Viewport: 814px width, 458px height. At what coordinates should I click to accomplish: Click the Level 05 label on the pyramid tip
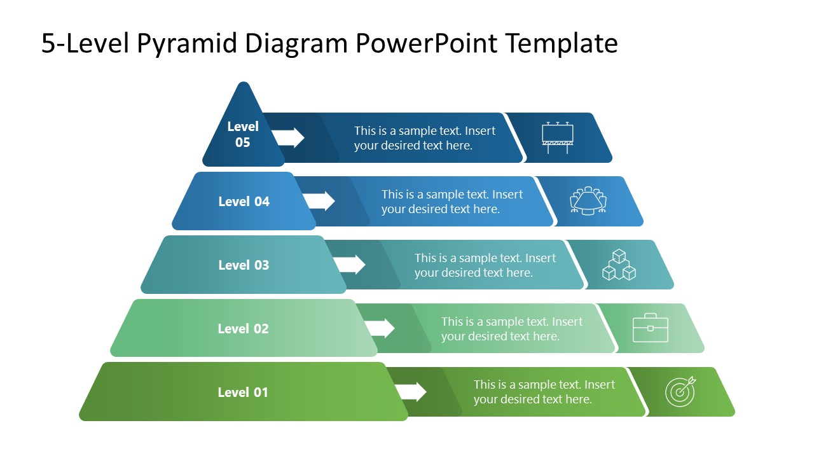(x=243, y=134)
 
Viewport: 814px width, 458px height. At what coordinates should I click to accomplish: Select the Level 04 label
(x=244, y=202)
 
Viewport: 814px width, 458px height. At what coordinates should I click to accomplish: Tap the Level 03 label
(x=244, y=265)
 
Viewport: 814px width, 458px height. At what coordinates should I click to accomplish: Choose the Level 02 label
(x=243, y=329)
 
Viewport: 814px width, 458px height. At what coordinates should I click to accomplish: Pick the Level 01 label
(x=243, y=392)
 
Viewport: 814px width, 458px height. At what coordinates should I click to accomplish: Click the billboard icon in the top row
(x=558, y=137)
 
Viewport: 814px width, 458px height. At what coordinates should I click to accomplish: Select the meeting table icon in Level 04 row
(x=588, y=201)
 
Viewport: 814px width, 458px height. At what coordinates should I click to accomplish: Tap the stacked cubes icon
(x=619, y=265)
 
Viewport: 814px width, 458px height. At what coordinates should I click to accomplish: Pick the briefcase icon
(x=650, y=328)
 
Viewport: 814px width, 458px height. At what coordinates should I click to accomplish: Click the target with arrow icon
(x=680, y=392)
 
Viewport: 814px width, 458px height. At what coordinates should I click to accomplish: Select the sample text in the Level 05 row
(x=424, y=138)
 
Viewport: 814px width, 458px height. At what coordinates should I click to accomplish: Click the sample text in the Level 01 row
(x=544, y=392)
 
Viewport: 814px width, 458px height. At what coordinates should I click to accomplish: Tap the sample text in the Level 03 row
(x=485, y=265)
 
